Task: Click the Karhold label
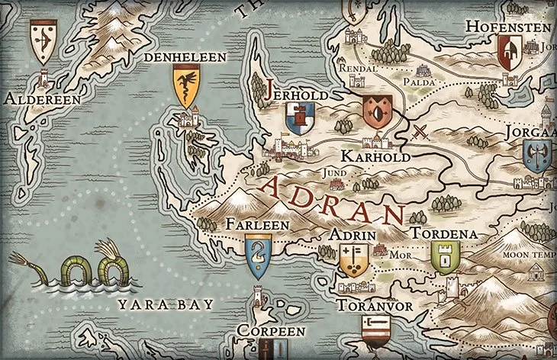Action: point(377,156)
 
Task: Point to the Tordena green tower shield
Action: point(443,256)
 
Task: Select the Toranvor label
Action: point(374,306)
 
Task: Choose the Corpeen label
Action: point(270,332)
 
